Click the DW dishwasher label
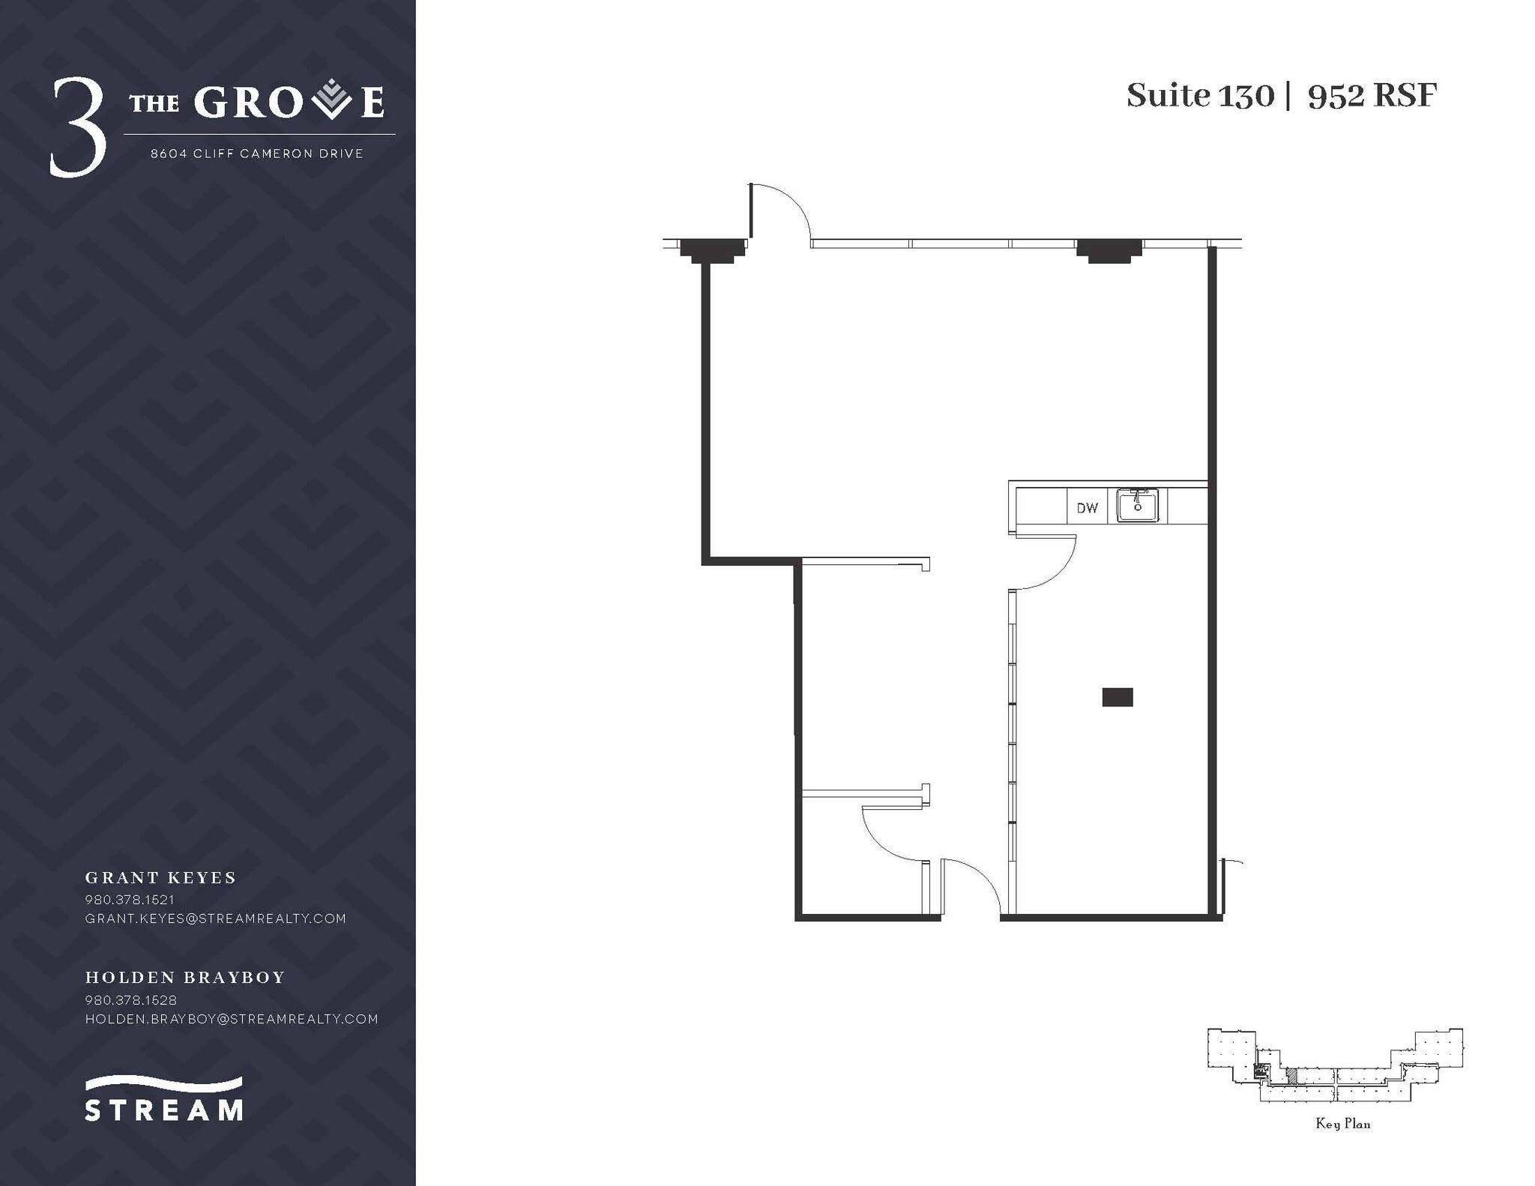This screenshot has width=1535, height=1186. click(x=1087, y=508)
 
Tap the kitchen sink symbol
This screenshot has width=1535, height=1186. click(x=1137, y=505)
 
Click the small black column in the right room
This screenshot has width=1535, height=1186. click(x=1117, y=697)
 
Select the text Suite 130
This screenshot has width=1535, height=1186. click(x=1199, y=96)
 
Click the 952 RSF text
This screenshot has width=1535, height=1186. click(x=1372, y=96)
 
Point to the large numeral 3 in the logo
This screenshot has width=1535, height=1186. click(x=77, y=127)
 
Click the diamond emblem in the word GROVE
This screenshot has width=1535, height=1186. click(x=331, y=101)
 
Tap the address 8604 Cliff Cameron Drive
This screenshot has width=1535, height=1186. click(x=257, y=154)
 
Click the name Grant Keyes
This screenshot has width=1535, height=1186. click(x=160, y=877)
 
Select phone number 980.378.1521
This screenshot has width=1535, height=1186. click(x=130, y=899)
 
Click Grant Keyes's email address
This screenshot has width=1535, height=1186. click(x=216, y=918)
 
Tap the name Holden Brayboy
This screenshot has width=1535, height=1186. click(x=185, y=977)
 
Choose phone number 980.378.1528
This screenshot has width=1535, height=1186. click(x=130, y=999)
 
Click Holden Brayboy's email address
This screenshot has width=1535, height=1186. click(x=232, y=1018)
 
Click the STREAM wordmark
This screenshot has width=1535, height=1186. click(x=163, y=1109)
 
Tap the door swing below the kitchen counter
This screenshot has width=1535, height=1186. click(x=1046, y=562)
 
